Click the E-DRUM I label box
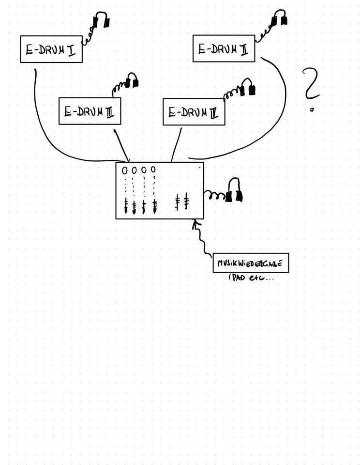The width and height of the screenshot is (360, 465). click(x=51, y=48)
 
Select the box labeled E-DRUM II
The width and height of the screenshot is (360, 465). click(x=224, y=48)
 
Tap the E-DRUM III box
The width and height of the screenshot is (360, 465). click(x=90, y=111)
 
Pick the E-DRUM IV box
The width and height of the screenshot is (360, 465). click(x=194, y=111)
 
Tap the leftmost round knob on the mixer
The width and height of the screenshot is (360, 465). click(x=125, y=170)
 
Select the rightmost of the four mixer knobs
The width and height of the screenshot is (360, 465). click(x=153, y=169)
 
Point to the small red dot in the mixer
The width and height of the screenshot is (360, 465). click(x=199, y=167)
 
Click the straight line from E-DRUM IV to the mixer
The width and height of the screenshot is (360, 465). click(x=177, y=144)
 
